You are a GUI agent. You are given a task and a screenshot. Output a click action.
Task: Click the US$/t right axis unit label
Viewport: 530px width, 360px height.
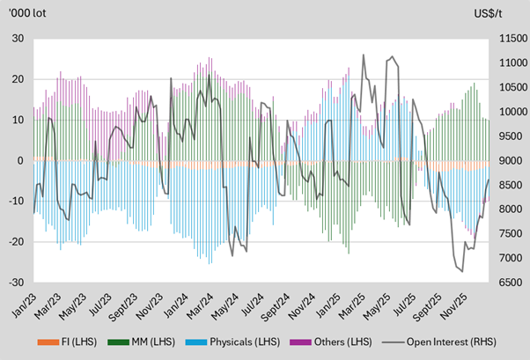501,12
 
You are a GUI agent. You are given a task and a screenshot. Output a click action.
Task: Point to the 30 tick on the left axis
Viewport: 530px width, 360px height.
17,39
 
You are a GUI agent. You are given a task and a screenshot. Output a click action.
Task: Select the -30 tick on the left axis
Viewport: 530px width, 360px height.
15,283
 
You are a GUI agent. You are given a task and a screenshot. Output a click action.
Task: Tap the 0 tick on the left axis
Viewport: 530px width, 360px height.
19,161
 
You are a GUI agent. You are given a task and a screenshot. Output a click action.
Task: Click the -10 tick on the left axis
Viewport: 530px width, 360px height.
15,202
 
